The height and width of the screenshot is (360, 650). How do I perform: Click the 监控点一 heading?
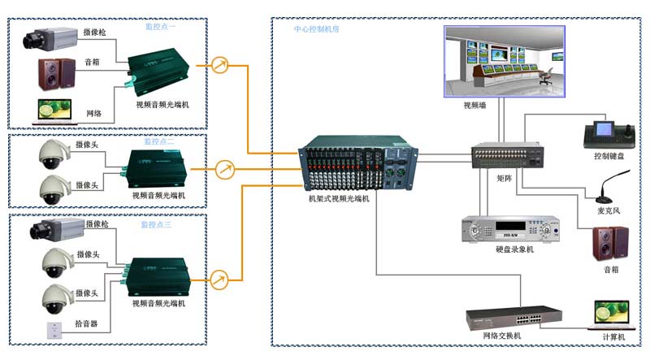(165, 27)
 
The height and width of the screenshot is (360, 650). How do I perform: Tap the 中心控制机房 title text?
(317, 29)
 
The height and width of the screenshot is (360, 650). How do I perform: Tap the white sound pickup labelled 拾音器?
(54, 330)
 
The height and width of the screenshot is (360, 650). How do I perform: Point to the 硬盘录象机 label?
(514, 249)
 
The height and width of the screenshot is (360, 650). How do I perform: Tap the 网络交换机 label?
(501, 336)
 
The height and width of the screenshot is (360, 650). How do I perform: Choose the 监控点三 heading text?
(156, 224)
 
